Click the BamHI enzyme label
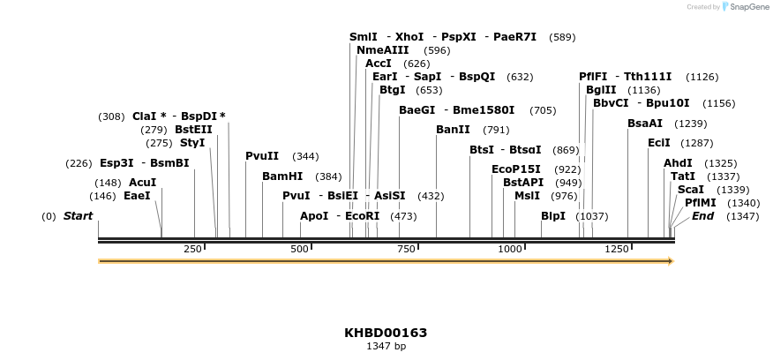point(282,176)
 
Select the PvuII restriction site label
point(262,156)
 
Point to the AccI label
point(379,64)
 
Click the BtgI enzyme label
point(393,90)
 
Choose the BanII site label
point(454,130)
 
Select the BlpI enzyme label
point(553,216)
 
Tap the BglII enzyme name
point(601,90)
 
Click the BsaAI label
point(645,124)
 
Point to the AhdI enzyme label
point(678,163)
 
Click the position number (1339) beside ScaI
point(732,190)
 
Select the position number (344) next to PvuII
point(305,156)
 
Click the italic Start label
point(78,216)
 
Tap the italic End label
point(703,216)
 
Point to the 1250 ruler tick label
point(616,250)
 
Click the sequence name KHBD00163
point(386,333)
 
